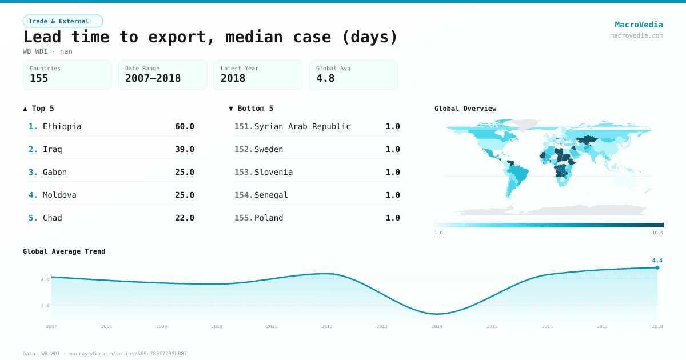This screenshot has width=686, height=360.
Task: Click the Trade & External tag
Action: point(63,21)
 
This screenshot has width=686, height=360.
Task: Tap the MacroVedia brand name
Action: point(639,25)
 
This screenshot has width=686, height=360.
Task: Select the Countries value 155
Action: point(39,78)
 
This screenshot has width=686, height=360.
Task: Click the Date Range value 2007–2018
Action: point(153,78)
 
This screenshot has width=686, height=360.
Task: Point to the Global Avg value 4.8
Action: point(325,78)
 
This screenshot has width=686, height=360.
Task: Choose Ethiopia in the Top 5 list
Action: point(62,126)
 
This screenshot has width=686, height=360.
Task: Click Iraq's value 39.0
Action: point(184,149)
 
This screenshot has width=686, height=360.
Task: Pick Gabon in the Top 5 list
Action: point(55,172)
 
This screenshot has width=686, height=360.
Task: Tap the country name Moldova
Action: point(59,195)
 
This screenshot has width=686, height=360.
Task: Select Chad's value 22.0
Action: point(184,218)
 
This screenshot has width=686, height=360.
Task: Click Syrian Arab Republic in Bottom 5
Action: point(302,126)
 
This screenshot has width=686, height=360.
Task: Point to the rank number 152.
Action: point(243,149)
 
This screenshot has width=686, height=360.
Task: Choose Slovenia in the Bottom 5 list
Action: point(273,172)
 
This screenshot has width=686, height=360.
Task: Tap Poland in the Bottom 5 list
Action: point(269,218)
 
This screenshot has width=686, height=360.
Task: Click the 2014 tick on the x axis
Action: point(437,326)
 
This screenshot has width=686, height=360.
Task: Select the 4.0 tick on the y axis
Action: point(45,279)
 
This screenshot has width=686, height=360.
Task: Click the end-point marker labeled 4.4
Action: point(657,267)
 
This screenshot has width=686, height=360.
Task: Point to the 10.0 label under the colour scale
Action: point(657,233)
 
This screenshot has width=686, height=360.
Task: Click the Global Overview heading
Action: point(465,109)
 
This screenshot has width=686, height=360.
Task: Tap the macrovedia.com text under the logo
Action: point(636,35)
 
